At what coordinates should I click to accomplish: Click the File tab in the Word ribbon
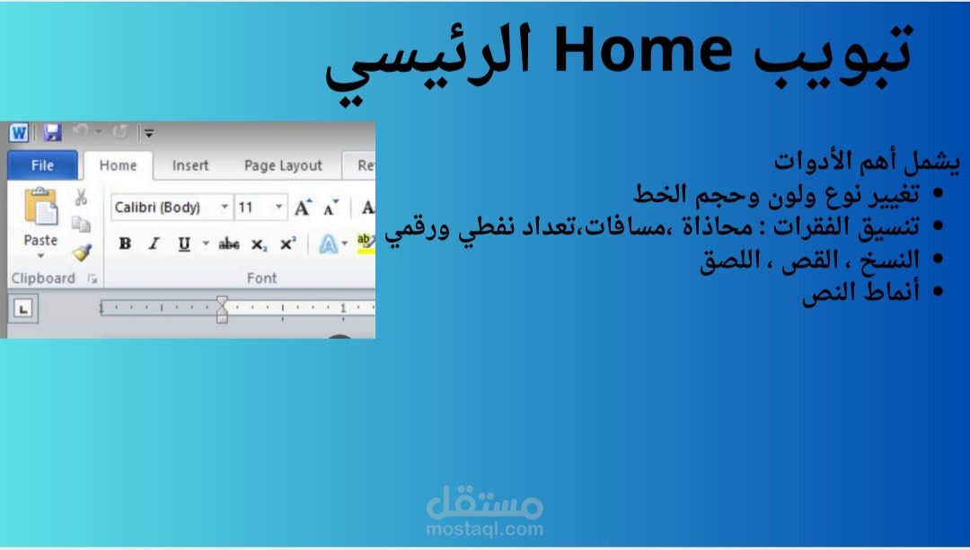pyautogui.click(x=43, y=165)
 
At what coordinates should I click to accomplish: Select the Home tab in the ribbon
pyautogui.click(x=119, y=165)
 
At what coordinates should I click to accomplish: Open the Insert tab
pyautogui.click(x=190, y=165)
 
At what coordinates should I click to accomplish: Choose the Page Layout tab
pyautogui.click(x=283, y=165)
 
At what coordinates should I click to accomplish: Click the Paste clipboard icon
pyautogui.click(x=40, y=207)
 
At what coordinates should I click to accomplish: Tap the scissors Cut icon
pyautogui.click(x=81, y=197)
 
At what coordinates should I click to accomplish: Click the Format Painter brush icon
pyautogui.click(x=82, y=253)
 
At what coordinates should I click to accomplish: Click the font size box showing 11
pyautogui.click(x=260, y=208)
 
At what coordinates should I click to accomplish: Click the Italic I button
pyautogui.click(x=154, y=244)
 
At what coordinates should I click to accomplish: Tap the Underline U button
pyautogui.click(x=184, y=244)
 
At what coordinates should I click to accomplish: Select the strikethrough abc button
pyautogui.click(x=229, y=244)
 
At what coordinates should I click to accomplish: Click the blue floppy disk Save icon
pyautogui.click(x=53, y=132)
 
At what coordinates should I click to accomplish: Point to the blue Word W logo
pyautogui.click(x=19, y=132)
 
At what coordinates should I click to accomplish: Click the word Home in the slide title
pyautogui.click(x=643, y=52)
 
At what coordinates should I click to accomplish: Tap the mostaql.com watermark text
pyautogui.click(x=485, y=529)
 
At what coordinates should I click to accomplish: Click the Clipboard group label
pyautogui.click(x=43, y=279)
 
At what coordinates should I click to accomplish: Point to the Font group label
pyautogui.click(x=262, y=279)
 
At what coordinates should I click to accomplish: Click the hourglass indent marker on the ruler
pyautogui.click(x=222, y=309)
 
